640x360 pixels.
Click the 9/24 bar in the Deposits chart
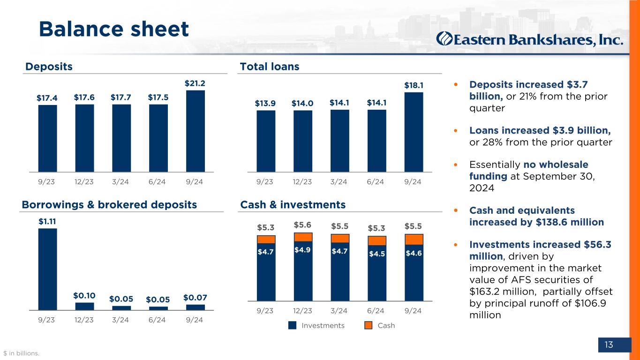pyautogui.click(x=195, y=131)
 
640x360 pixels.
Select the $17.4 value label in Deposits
pyautogui.click(x=47, y=97)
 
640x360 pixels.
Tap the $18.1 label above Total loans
pyautogui.click(x=414, y=85)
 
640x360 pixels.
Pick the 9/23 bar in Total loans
pyautogui.click(x=266, y=141)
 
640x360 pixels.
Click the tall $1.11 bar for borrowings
pyautogui.click(x=47, y=269)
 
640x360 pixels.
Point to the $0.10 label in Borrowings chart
pyautogui.click(x=84, y=295)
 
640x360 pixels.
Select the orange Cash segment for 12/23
pyautogui.click(x=303, y=237)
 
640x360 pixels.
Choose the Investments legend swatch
pyautogui.click(x=292, y=325)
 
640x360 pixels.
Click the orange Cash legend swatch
pyautogui.click(x=369, y=325)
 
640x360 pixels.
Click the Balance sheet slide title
pyautogui.click(x=114, y=29)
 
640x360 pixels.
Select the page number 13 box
pyautogui.click(x=609, y=345)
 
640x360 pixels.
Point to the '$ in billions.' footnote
pyautogui.click(x=22, y=353)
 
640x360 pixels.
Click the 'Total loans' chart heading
pyautogui.click(x=270, y=67)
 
